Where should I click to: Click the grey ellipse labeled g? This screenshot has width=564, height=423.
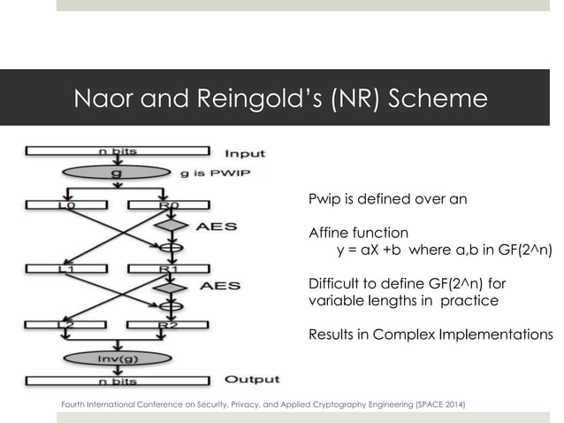117,173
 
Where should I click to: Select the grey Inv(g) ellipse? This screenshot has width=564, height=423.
117,358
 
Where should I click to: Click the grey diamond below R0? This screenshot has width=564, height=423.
171,226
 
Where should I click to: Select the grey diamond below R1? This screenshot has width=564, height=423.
171,287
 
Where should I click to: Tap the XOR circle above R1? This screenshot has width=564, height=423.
171,246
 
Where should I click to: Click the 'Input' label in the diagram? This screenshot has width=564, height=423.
245,153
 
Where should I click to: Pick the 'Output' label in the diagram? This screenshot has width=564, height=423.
252,379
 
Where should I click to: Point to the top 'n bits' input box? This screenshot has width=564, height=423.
117,151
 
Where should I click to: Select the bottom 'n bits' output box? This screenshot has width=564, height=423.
117,381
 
